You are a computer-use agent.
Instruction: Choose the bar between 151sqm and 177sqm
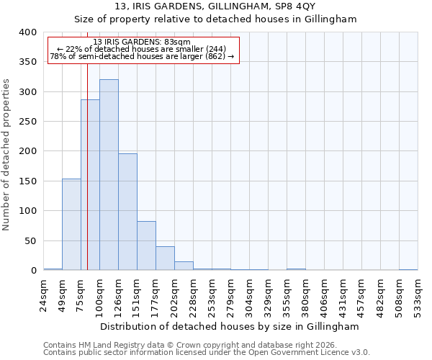point(146,246)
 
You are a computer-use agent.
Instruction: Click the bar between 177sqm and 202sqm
point(165,258)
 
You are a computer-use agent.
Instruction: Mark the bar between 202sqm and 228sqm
point(184,266)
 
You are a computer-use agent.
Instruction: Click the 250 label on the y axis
point(27,122)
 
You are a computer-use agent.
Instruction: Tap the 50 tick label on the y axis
point(30,240)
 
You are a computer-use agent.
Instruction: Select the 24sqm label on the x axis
point(44,295)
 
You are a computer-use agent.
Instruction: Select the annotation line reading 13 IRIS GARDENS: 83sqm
point(142,42)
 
